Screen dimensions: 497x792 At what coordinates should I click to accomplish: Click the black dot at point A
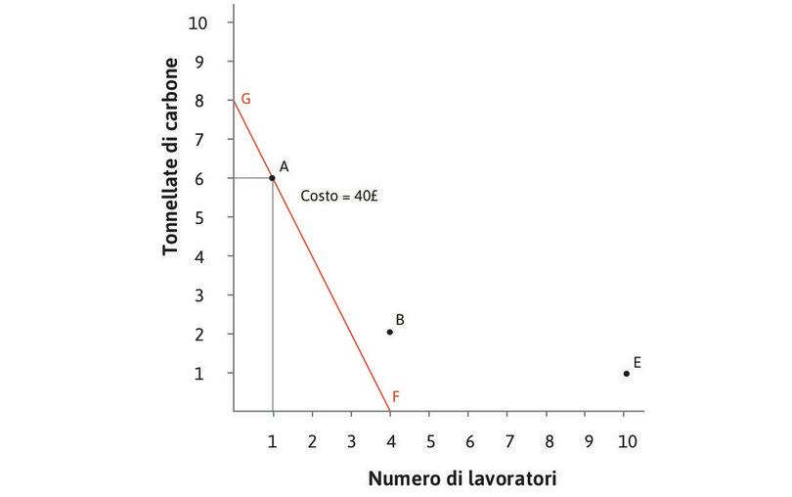[x=272, y=178]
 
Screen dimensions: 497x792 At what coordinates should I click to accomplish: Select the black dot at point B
[x=389, y=332]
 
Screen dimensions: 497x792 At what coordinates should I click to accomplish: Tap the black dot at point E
[x=626, y=373]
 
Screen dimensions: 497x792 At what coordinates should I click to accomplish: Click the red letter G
[x=246, y=99]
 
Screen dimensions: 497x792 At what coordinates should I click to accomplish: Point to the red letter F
[x=396, y=396]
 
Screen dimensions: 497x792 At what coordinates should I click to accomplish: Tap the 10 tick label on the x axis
[x=626, y=441]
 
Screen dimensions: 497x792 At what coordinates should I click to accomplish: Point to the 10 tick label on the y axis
[x=198, y=22]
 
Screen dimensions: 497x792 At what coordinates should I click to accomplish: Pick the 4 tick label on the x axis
[x=390, y=441]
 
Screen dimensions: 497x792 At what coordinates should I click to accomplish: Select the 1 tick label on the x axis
[x=273, y=441]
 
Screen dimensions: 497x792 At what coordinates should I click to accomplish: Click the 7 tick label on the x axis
[x=507, y=441]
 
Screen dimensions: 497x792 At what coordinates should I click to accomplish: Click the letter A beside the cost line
[x=284, y=167]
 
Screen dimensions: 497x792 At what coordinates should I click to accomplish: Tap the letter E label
[x=637, y=362]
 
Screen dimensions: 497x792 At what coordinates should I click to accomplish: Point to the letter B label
[x=400, y=320]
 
